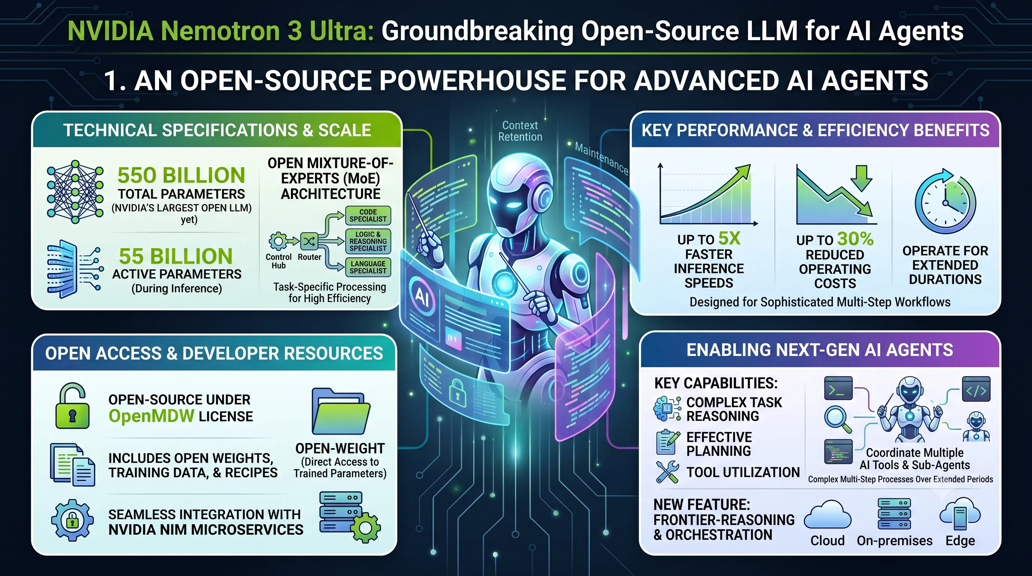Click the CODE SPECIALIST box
pos(368,216)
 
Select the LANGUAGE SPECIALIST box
pos(368,267)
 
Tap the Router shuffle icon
pos(309,241)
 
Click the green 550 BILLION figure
pos(181,175)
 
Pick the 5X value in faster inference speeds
pos(729,238)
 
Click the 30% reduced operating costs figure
pos(855,239)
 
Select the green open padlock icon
pos(72,406)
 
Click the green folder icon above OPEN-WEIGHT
pos(340,411)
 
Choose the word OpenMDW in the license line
pos(151,416)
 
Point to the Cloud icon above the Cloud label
pos(827,516)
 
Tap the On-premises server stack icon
pos(894,513)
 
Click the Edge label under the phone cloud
pos(960,541)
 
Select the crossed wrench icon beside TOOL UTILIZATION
pos(667,472)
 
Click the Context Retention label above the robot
pos(520,131)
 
